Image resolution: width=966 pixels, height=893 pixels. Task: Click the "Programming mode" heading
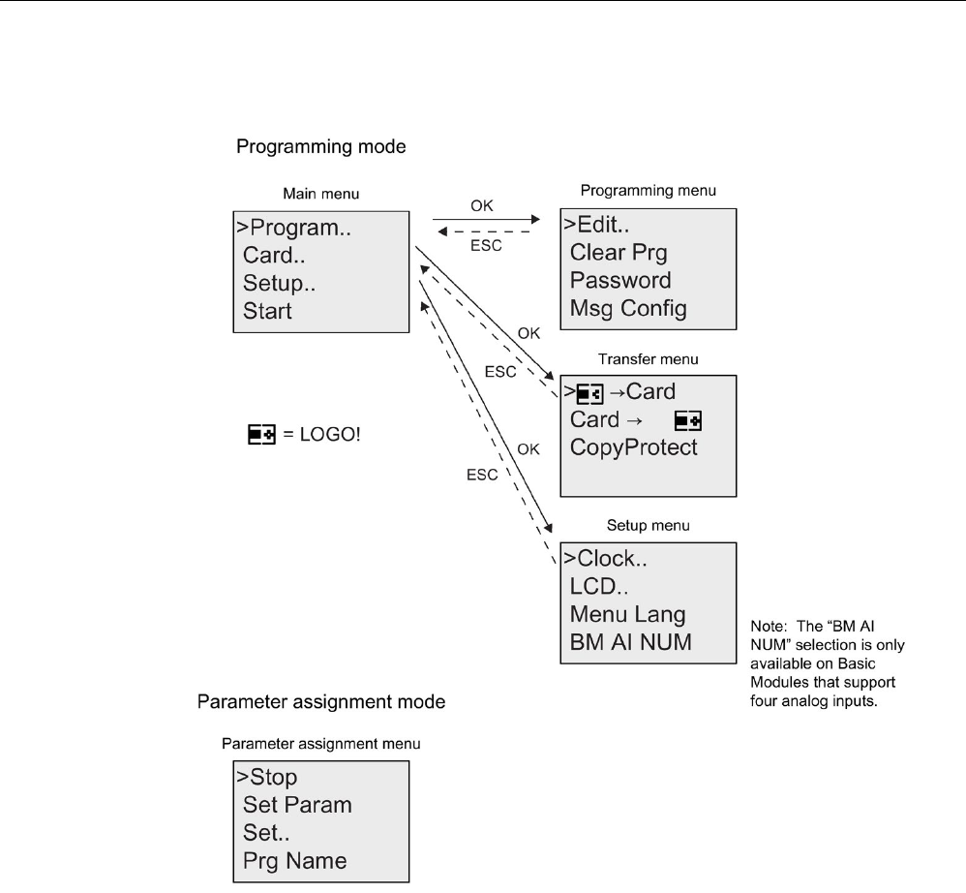click(321, 146)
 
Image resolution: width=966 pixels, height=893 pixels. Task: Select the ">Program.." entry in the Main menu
click(294, 228)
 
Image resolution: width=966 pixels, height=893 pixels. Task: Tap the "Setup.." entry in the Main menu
click(279, 283)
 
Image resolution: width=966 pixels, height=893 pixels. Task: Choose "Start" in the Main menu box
click(267, 311)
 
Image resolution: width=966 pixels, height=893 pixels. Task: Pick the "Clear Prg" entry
click(619, 253)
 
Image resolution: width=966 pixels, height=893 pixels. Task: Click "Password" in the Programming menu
click(620, 281)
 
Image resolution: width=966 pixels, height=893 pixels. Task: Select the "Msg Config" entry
click(628, 308)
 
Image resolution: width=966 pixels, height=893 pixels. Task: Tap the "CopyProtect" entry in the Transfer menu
click(633, 447)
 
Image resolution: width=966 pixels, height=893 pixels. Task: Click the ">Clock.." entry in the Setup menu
click(605, 558)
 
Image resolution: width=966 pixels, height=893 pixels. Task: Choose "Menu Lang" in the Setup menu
click(627, 614)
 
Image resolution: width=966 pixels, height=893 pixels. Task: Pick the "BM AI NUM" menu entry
click(630, 642)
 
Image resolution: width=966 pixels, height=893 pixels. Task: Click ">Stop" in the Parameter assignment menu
click(267, 777)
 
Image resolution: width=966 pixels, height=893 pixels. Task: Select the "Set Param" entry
click(297, 805)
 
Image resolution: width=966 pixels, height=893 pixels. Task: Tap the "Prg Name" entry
click(294, 861)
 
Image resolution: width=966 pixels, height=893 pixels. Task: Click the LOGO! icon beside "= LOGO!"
click(262, 434)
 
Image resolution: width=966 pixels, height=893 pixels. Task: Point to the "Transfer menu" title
click(649, 359)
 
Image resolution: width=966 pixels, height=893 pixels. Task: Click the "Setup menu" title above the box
click(649, 526)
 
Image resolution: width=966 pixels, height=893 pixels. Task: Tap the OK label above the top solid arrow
click(482, 206)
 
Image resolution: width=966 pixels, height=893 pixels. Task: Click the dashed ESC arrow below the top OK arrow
click(484, 231)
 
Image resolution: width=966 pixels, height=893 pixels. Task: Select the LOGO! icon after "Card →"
click(688, 421)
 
